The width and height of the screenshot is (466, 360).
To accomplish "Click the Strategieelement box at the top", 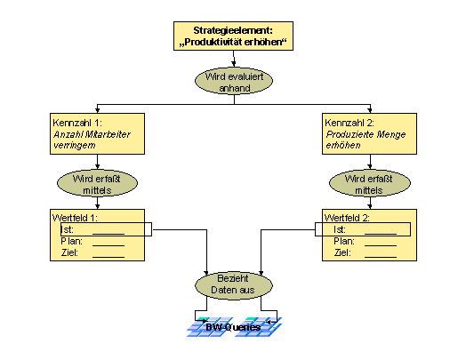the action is tap(233, 36).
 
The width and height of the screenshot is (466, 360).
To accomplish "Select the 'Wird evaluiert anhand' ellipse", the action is tap(234, 81).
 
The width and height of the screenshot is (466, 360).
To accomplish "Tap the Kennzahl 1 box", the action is tap(97, 133).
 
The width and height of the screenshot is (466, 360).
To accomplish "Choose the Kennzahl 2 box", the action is tap(369, 133).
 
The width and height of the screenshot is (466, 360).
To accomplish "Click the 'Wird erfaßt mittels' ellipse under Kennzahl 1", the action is tap(97, 183).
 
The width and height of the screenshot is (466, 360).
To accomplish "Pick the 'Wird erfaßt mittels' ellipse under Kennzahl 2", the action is tap(370, 183).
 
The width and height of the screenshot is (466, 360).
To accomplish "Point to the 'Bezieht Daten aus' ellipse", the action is tap(234, 285).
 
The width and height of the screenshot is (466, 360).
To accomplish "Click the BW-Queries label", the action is tap(233, 327).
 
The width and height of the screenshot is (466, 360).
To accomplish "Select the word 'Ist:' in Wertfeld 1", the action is tap(67, 229).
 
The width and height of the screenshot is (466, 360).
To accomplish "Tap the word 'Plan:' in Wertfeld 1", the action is tap(72, 241).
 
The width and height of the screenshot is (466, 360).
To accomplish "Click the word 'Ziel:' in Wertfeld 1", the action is tap(69, 252).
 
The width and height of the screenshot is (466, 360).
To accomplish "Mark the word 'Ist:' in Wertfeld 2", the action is tap(340, 229).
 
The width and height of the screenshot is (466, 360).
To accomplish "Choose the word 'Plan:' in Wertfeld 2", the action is tap(344, 241).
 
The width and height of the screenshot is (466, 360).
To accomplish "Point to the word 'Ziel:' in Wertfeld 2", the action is tap(342, 252).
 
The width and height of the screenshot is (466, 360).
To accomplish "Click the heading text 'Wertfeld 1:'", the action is tap(75, 218).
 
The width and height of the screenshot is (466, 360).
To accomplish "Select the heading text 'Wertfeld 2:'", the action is tap(347, 218).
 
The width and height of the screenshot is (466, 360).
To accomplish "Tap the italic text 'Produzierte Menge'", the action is tap(366, 134).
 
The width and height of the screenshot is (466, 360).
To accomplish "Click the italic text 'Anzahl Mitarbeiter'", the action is tap(92, 134).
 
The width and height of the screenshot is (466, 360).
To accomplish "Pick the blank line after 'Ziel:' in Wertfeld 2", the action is tap(381, 257).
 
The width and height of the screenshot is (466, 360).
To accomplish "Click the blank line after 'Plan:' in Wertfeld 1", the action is tap(108, 245).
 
